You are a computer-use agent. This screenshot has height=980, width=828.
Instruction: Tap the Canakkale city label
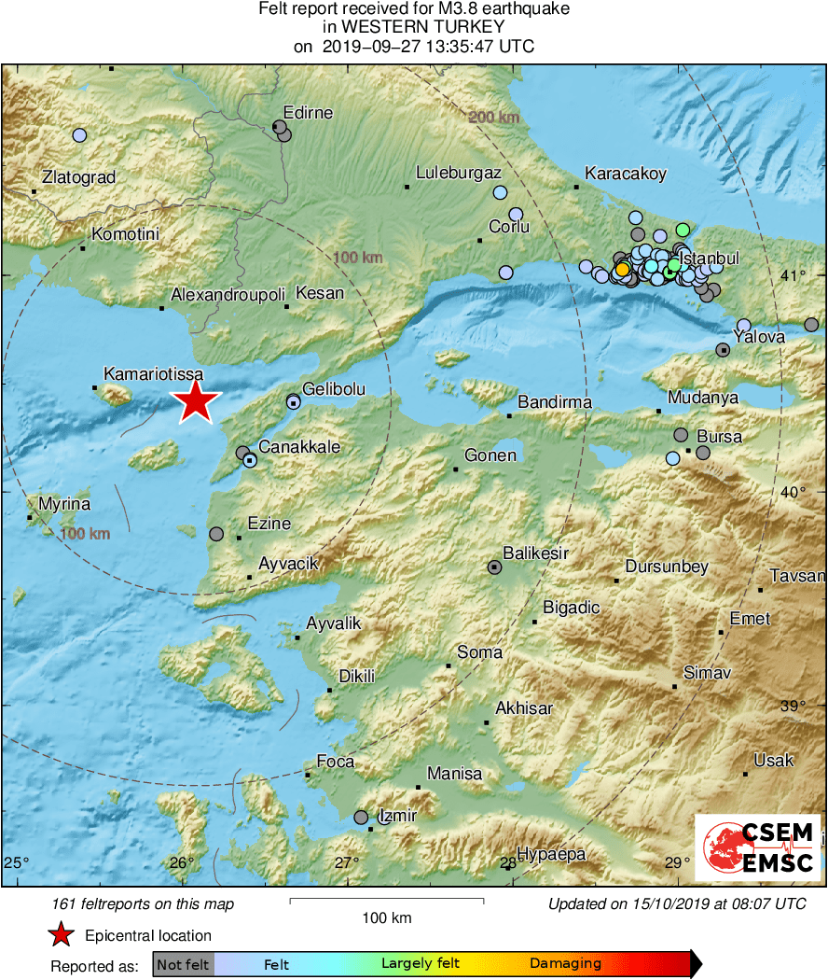pyautogui.click(x=298, y=447)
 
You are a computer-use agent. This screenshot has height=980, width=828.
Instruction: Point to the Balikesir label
pyautogui.click(x=535, y=553)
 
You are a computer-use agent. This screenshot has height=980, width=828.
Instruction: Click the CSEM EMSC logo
pyautogui.click(x=757, y=847)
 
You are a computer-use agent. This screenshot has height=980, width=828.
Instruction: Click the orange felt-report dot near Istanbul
pyautogui.click(x=622, y=270)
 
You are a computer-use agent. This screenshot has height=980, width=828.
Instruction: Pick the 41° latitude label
pyautogui.click(x=793, y=276)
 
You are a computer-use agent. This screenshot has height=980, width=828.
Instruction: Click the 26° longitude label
pyautogui.click(x=182, y=861)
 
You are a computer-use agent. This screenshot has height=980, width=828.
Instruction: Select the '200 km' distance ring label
pyautogui.click(x=493, y=118)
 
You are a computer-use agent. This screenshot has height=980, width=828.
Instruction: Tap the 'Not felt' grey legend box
pyautogui.click(x=183, y=964)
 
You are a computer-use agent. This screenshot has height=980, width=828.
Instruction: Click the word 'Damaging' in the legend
pyautogui.click(x=565, y=964)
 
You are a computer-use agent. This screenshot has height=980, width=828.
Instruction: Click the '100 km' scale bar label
pyautogui.click(x=386, y=918)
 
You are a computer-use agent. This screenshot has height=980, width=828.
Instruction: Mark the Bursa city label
pyautogui.click(x=719, y=437)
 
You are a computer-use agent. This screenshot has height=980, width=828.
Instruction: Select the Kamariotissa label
pyautogui.click(x=153, y=373)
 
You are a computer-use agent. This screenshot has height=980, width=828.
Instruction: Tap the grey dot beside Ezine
pyautogui.click(x=216, y=534)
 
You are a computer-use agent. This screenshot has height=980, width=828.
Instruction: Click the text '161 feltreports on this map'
pyautogui.click(x=144, y=903)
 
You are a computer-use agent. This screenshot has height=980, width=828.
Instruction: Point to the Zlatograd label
pyautogui.click(x=78, y=176)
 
